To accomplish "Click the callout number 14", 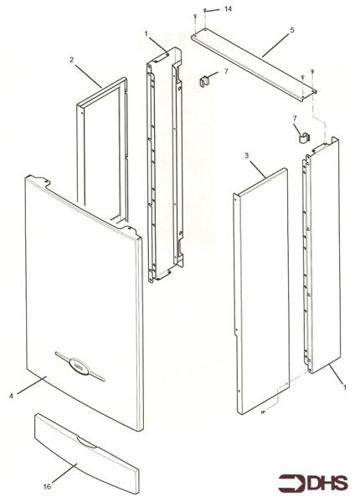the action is (x=228, y=8).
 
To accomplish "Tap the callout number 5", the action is (x=292, y=30).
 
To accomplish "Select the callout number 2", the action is (x=71, y=59).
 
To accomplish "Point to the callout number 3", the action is (x=246, y=156).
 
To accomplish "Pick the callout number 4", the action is (x=11, y=396).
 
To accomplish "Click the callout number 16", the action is (x=47, y=486).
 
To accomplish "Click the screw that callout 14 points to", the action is (x=205, y=11).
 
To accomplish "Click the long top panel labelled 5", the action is (x=254, y=65).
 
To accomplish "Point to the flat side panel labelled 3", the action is (x=262, y=291).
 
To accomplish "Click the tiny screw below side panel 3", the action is (x=262, y=412).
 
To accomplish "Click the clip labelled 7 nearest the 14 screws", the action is (x=204, y=81).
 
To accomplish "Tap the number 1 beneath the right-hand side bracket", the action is (x=345, y=387).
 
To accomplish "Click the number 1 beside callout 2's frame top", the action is (x=146, y=33).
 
